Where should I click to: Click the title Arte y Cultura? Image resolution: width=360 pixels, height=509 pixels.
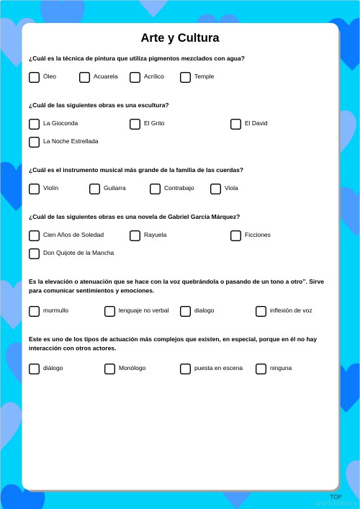click(180, 38)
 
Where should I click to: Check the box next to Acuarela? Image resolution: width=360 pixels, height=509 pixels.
click(84, 77)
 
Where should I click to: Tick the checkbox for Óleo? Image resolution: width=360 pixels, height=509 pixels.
click(34, 77)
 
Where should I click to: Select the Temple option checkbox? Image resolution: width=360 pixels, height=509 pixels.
click(185, 77)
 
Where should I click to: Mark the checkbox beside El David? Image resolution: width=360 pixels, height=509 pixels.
click(235, 124)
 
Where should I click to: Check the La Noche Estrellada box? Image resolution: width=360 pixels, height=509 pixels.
click(34, 142)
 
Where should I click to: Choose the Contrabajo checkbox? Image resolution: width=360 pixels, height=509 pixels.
click(155, 189)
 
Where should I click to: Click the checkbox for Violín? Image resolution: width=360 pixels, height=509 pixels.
click(34, 189)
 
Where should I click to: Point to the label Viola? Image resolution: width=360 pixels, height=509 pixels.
click(231, 188)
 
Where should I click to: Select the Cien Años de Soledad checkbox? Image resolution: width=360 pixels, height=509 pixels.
click(34, 235)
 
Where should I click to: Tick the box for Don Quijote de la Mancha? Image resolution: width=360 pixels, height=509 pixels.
click(34, 253)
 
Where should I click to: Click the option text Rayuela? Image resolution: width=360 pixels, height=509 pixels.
click(155, 235)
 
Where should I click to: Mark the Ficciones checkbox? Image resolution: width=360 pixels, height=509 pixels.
click(235, 235)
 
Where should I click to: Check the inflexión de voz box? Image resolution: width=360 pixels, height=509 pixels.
click(261, 311)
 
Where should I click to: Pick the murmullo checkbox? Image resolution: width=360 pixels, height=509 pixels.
click(34, 311)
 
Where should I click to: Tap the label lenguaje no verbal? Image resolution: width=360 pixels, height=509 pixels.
click(143, 310)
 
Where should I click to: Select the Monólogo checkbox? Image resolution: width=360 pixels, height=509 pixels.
click(109, 369)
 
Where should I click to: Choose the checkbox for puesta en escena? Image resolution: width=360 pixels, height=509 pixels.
click(185, 369)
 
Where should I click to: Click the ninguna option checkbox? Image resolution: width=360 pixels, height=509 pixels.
click(261, 369)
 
